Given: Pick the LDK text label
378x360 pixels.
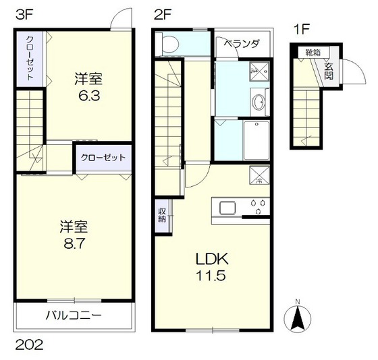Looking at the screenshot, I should (x=213, y=259).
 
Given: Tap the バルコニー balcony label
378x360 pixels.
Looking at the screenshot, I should (x=74, y=316).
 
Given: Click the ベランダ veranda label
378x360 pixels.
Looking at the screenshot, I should (x=241, y=43).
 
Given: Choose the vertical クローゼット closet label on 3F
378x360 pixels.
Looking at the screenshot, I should (x=29, y=59).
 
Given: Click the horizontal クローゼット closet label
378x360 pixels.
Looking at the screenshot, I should (x=103, y=158).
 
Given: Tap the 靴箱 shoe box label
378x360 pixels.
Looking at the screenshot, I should (x=312, y=51).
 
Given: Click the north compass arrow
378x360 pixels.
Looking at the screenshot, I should (x=296, y=316).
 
